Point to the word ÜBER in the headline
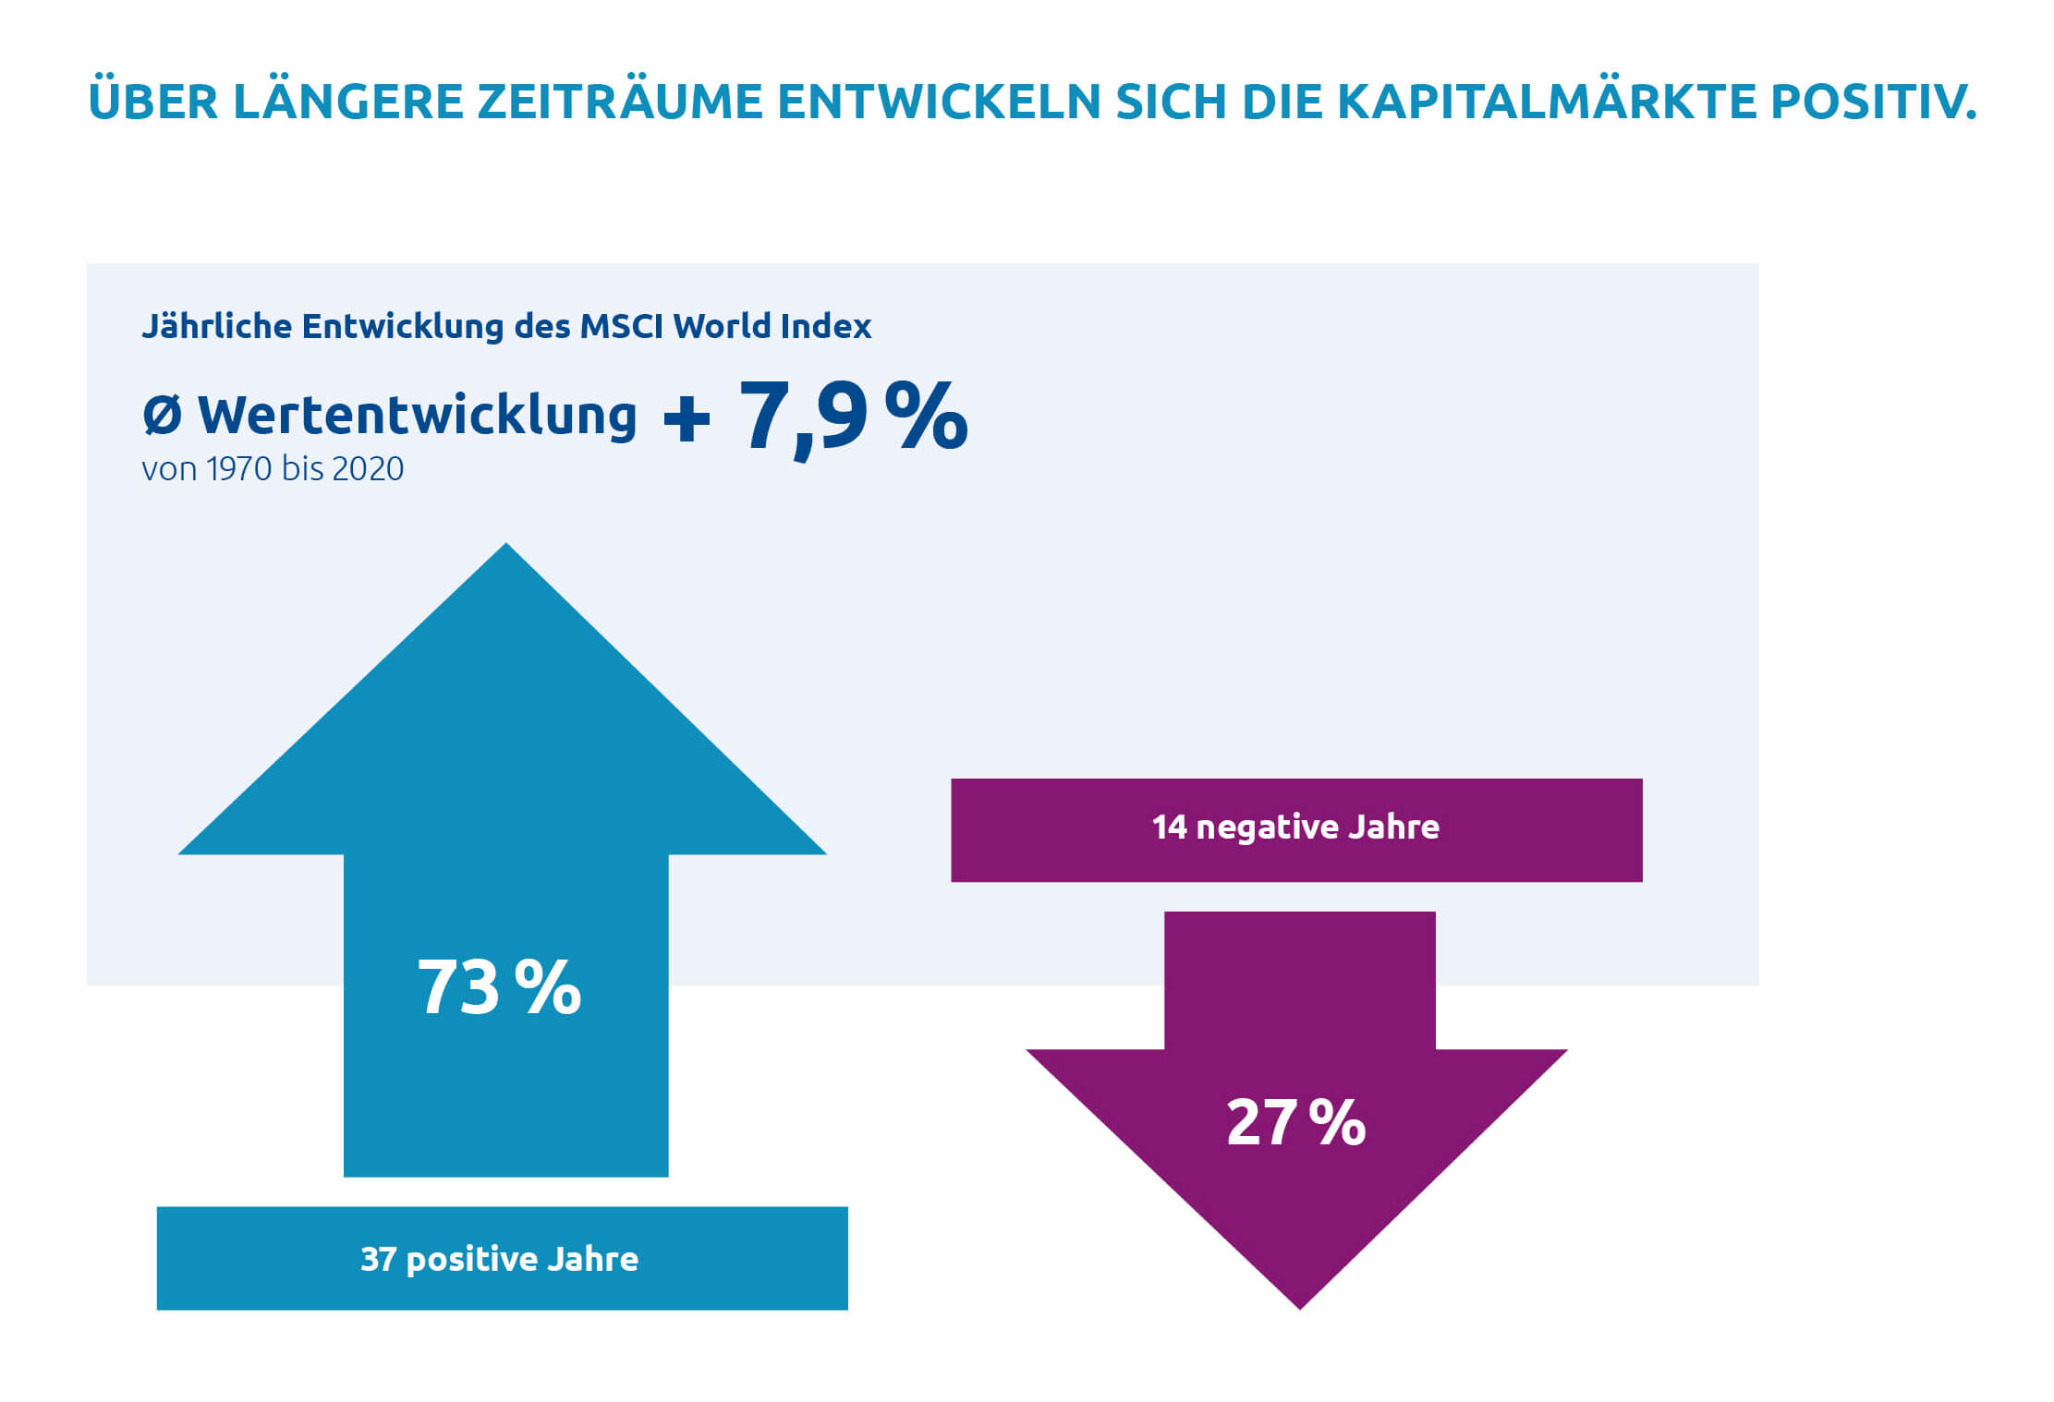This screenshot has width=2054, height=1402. (x=152, y=102)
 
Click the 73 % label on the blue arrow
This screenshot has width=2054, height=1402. (x=499, y=987)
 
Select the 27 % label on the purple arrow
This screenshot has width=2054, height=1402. (x=1295, y=1122)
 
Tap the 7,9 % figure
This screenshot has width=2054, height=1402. (x=852, y=417)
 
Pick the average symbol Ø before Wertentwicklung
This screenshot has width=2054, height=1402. (x=162, y=416)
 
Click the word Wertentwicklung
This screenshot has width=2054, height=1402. (x=418, y=416)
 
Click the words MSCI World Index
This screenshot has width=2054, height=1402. (x=725, y=326)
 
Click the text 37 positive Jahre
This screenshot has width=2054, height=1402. (x=500, y=1259)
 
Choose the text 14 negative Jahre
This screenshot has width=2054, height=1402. (x=1295, y=827)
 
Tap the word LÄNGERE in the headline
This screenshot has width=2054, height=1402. (x=347, y=102)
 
